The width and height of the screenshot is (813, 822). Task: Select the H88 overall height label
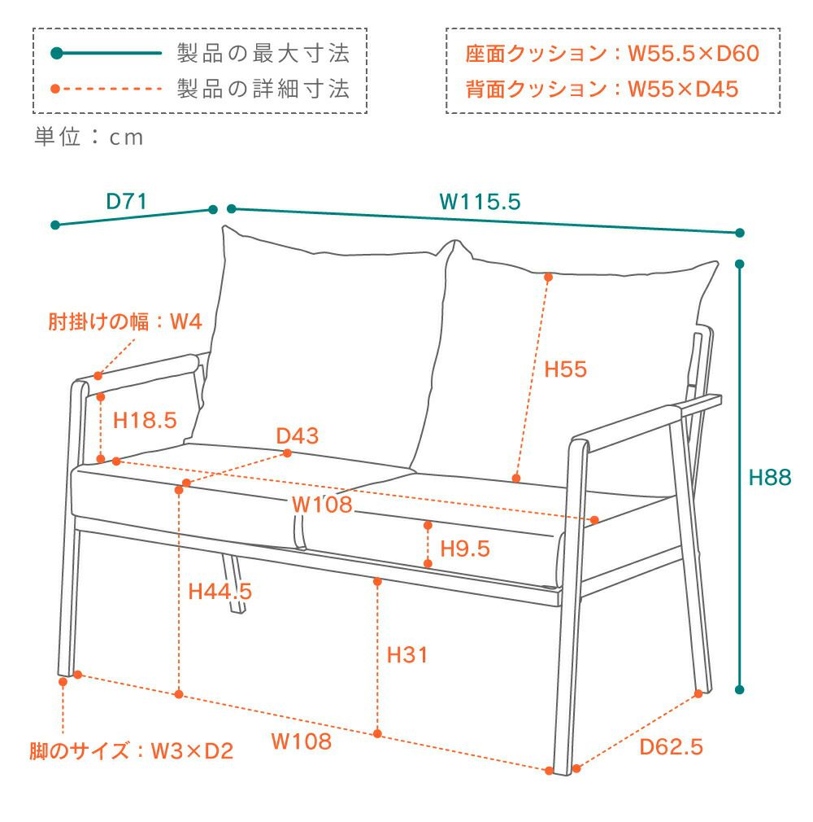pos(769,478)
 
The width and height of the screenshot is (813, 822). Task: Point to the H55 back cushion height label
pos(565,369)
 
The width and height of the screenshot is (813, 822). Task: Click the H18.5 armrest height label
pos(145,421)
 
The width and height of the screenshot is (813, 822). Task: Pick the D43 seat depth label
pos(297,436)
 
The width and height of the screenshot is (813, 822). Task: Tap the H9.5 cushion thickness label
pos(465,549)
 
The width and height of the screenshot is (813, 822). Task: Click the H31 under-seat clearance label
pos(407,654)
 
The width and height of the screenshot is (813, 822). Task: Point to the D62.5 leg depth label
pos(671,746)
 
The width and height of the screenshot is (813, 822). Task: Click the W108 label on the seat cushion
pos(323,505)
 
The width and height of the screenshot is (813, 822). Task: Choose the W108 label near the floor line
pos(302,741)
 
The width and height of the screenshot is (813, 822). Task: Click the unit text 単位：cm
pos(89,138)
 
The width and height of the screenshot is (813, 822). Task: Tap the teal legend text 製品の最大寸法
pos(263,55)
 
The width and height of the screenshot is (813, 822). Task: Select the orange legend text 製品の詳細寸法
pos(263,89)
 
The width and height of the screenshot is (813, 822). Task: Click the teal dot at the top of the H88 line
pos(740,265)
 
